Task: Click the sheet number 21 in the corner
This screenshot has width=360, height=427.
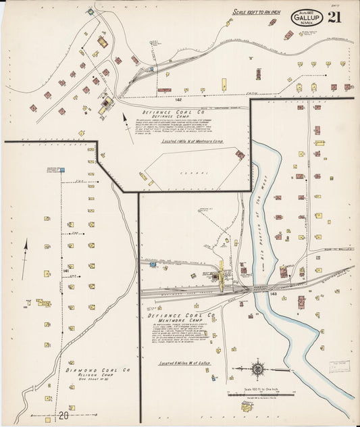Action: click(x=334, y=18)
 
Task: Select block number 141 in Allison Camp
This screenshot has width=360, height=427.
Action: click(x=66, y=271)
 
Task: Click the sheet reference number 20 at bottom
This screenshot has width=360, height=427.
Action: click(x=62, y=414)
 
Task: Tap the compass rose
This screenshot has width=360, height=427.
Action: click(x=257, y=369)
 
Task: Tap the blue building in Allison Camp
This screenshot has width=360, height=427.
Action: click(x=61, y=170)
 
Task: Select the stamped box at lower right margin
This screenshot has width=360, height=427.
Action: click(x=340, y=366)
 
